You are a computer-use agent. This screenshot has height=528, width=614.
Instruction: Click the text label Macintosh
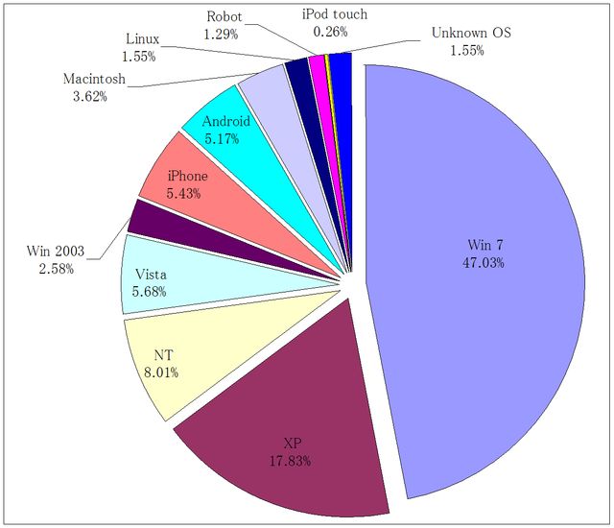(93, 78)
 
